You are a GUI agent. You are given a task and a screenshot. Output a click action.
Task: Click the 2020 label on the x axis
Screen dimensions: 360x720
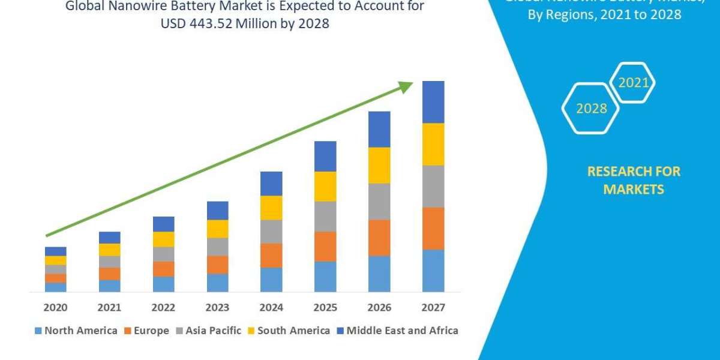click(x=55, y=308)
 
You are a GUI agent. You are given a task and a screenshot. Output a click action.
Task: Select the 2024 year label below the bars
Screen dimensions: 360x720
click(x=271, y=308)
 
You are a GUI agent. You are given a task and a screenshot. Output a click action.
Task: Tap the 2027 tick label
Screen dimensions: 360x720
click(x=433, y=308)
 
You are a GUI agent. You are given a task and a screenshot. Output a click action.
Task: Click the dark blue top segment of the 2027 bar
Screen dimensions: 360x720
click(x=433, y=102)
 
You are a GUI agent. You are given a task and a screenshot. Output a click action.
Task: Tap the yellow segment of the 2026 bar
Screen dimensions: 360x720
click(x=379, y=165)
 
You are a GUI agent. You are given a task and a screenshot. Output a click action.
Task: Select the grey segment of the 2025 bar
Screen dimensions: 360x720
click(x=325, y=217)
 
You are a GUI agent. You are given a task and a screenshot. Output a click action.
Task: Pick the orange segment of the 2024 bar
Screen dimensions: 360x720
click(x=271, y=256)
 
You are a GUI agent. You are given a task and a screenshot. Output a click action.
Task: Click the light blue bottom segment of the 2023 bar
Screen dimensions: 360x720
click(x=217, y=283)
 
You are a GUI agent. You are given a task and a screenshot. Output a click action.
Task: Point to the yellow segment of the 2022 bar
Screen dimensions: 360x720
click(x=163, y=239)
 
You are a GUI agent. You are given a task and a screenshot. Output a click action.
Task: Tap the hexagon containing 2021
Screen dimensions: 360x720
click(x=632, y=83)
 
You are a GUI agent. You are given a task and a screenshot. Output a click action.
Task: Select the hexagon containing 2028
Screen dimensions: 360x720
click(x=590, y=109)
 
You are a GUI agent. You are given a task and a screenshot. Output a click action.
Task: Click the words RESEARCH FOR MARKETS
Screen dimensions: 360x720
click(x=634, y=180)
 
